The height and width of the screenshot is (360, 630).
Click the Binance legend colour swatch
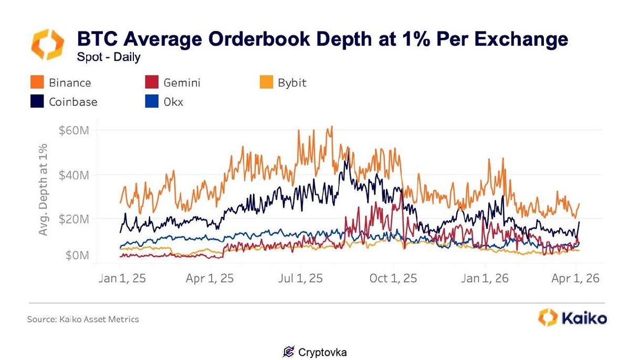click(x=37, y=83)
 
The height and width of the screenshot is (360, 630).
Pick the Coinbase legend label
click(x=73, y=102)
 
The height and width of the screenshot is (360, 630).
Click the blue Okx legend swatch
click(x=152, y=102)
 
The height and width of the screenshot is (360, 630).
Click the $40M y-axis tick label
click(x=73, y=174)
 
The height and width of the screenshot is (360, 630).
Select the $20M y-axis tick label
click(x=73, y=218)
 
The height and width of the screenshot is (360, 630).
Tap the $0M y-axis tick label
click(x=76, y=256)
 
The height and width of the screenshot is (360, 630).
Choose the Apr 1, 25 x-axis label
click(x=210, y=278)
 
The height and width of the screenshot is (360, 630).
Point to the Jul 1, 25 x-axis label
click(x=300, y=278)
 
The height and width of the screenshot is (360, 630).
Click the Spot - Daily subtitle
click(x=109, y=57)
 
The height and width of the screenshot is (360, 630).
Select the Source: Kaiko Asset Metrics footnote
click(x=83, y=319)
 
